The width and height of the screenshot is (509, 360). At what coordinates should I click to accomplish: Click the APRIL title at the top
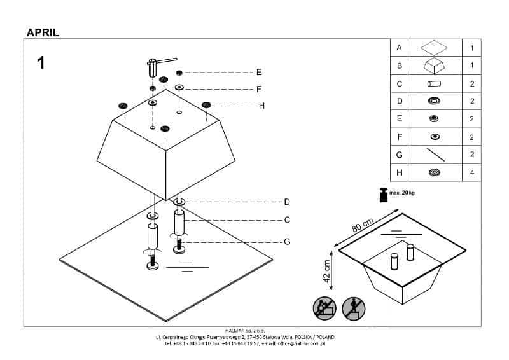[43, 32]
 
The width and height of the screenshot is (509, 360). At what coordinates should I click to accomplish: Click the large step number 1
[41, 63]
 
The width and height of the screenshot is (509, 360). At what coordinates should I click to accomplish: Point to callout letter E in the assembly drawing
[259, 72]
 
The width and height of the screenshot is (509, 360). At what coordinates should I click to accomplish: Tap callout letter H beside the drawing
[261, 106]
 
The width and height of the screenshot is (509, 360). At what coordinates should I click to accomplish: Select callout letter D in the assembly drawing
[287, 202]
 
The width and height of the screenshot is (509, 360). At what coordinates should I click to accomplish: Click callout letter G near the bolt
[287, 242]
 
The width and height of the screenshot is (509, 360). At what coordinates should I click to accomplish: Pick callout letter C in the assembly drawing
[287, 220]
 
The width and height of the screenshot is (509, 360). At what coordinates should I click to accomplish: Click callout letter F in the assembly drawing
[259, 90]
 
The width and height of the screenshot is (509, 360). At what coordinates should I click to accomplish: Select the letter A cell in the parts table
[400, 48]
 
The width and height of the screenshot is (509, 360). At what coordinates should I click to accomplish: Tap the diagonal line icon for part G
[435, 155]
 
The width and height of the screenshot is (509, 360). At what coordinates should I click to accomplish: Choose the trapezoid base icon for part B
[435, 66]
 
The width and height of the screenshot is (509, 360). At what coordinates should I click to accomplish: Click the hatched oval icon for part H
[435, 172]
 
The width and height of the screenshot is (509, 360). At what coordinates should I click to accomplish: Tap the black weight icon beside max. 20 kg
[383, 195]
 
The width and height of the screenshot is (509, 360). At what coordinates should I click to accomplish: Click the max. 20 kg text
[402, 192]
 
